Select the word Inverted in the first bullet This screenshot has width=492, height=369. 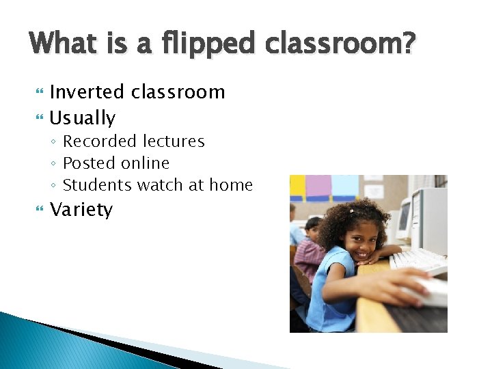[x=87, y=92]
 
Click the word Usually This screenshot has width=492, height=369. [x=83, y=118]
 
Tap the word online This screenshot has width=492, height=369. [x=145, y=163]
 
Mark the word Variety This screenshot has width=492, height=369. [x=81, y=210]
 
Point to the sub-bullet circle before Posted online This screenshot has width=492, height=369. [x=54, y=164]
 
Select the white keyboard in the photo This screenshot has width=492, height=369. [x=419, y=260]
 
